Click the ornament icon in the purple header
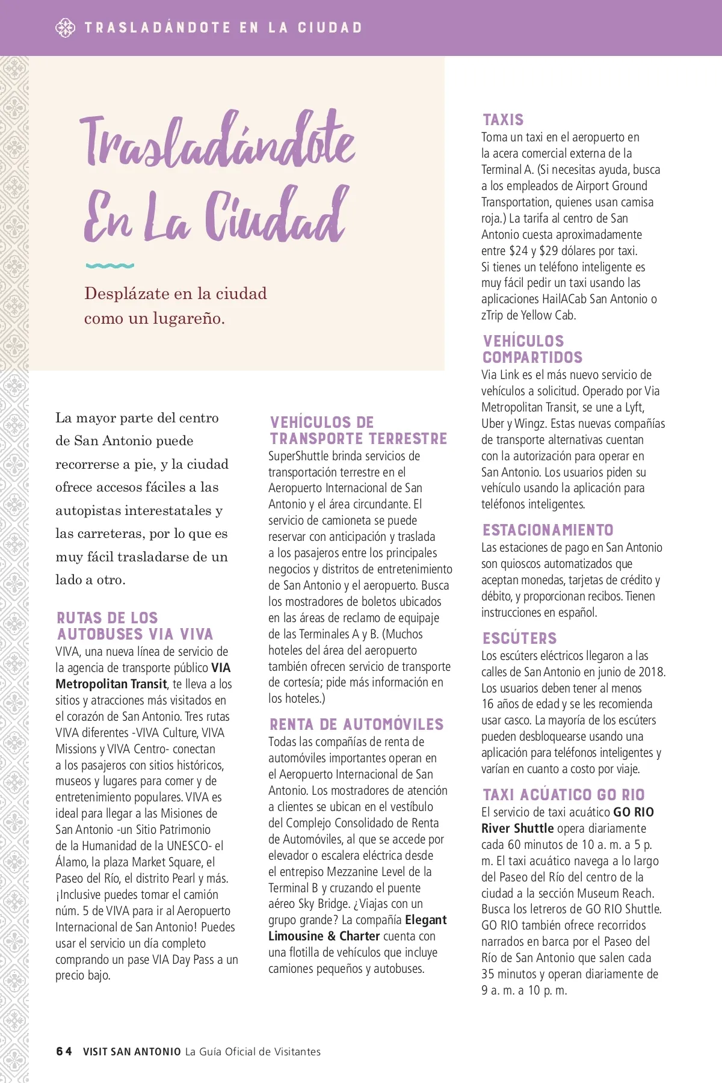[x=65, y=28]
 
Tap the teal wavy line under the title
[x=110, y=265]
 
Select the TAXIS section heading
[x=503, y=120]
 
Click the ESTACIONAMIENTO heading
[x=548, y=530]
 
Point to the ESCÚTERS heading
[x=519, y=638]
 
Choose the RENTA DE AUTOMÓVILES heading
[x=356, y=724]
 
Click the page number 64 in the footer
[x=64, y=1051]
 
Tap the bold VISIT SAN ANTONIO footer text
[x=132, y=1052]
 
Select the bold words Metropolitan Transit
[x=111, y=684]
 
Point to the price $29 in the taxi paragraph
[x=549, y=251]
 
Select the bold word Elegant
[x=426, y=920]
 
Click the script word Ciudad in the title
[x=276, y=217]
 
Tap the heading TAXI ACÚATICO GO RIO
[x=563, y=795]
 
